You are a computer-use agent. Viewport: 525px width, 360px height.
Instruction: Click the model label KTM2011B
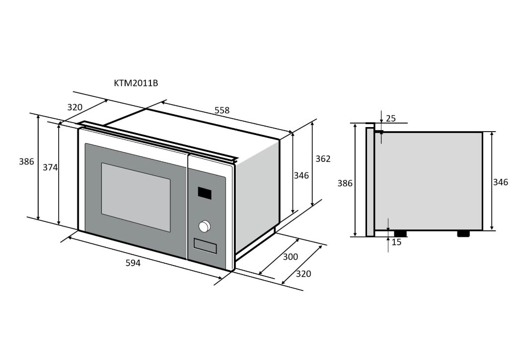[136, 83]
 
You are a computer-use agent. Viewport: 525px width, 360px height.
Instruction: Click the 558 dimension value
[222, 110]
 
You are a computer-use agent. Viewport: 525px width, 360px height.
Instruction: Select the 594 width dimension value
[133, 263]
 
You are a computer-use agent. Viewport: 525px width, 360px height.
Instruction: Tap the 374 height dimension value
[50, 168]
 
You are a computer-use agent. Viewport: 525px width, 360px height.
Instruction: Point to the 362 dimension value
[323, 159]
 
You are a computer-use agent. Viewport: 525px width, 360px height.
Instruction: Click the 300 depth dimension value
[290, 257]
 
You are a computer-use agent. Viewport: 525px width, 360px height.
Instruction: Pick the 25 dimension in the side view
[391, 118]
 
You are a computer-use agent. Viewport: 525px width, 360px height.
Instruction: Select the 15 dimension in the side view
[396, 242]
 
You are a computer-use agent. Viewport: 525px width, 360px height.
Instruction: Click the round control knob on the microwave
[204, 226]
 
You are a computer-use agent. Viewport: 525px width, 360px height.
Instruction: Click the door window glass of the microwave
[136, 197]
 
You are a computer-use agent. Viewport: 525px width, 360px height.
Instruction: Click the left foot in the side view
[400, 233]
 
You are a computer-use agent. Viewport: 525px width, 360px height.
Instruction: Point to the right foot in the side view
[463, 233]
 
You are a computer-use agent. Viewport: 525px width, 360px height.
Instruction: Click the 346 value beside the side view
[500, 182]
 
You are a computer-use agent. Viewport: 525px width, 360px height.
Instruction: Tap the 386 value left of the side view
[345, 183]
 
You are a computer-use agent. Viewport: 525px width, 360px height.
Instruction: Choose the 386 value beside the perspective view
[26, 161]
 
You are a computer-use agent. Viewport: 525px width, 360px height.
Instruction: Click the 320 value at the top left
[75, 107]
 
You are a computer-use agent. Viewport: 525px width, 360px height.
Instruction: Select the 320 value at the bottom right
[303, 274]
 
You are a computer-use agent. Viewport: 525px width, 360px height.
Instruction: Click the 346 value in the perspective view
[301, 175]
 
